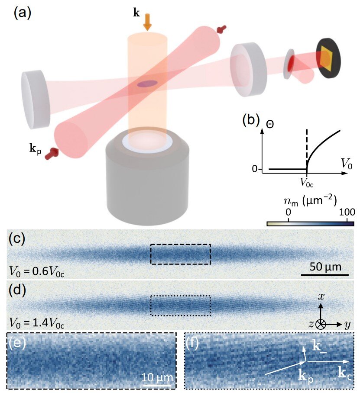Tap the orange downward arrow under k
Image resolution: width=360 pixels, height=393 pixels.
tap(147, 22)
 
